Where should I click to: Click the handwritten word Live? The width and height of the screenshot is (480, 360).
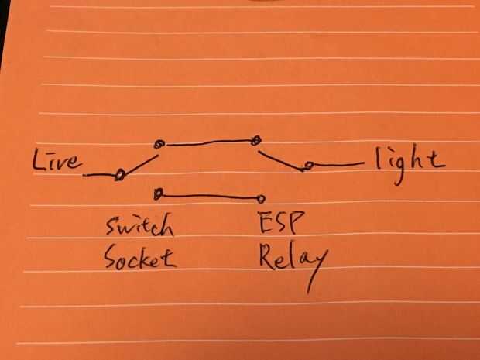[56, 161]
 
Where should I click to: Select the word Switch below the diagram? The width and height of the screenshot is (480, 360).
[140, 226]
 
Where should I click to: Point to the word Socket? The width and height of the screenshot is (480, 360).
[140, 257]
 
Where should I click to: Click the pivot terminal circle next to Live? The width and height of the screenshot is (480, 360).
[120, 175]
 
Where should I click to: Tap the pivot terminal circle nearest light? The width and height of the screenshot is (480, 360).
[307, 166]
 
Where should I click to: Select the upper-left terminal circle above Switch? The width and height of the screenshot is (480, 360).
[159, 144]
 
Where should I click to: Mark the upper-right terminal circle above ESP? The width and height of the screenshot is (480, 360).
[255, 141]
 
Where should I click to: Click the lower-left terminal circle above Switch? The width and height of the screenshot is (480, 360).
[158, 193]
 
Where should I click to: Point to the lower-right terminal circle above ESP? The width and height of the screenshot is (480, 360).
[262, 198]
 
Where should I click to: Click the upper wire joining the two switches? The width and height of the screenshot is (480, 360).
[207, 143]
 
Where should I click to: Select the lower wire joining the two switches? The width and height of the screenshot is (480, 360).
[209, 196]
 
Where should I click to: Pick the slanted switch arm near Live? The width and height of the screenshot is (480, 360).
[141, 163]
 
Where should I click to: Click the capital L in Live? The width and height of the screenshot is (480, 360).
[39, 160]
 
